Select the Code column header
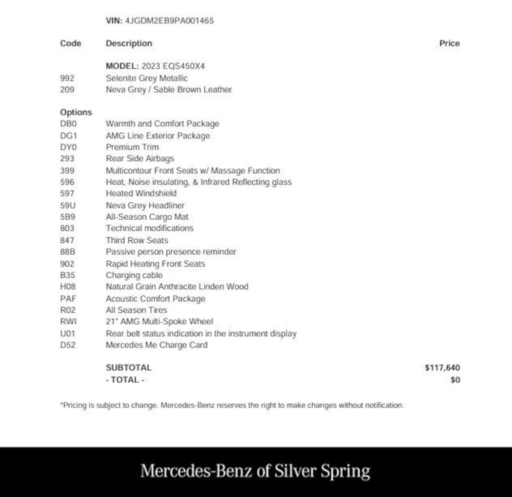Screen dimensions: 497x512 pyautogui.click(x=70, y=44)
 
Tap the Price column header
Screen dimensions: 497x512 pyautogui.click(x=449, y=44)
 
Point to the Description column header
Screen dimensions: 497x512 pyautogui.click(x=129, y=44)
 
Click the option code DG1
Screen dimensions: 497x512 pyautogui.click(x=68, y=136)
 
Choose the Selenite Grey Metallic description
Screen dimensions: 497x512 pyautogui.click(x=146, y=78)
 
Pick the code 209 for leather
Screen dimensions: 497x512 pyautogui.click(x=67, y=90)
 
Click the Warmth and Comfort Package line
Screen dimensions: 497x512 pyautogui.click(x=162, y=124)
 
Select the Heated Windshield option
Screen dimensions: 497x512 pyautogui.click(x=141, y=193)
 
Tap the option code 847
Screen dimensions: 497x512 pyautogui.click(x=67, y=240)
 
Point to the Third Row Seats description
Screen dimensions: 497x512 pyautogui.click(x=137, y=240)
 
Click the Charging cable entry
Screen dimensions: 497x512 pyautogui.click(x=134, y=275)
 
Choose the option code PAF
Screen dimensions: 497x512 pyautogui.click(x=68, y=299)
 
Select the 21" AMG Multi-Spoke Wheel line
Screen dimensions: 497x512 pyautogui.click(x=159, y=322)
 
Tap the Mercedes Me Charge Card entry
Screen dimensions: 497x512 pyautogui.click(x=156, y=345)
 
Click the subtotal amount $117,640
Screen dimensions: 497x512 pyautogui.click(x=442, y=368)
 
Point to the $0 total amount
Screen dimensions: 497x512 pyautogui.click(x=455, y=380)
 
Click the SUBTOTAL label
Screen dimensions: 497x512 pyautogui.click(x=128, y=368)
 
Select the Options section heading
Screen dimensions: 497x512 pyautogui.click(x=76, y=112)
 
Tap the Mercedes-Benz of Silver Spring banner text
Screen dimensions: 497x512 pyautogui.click(x=255, y=471)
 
